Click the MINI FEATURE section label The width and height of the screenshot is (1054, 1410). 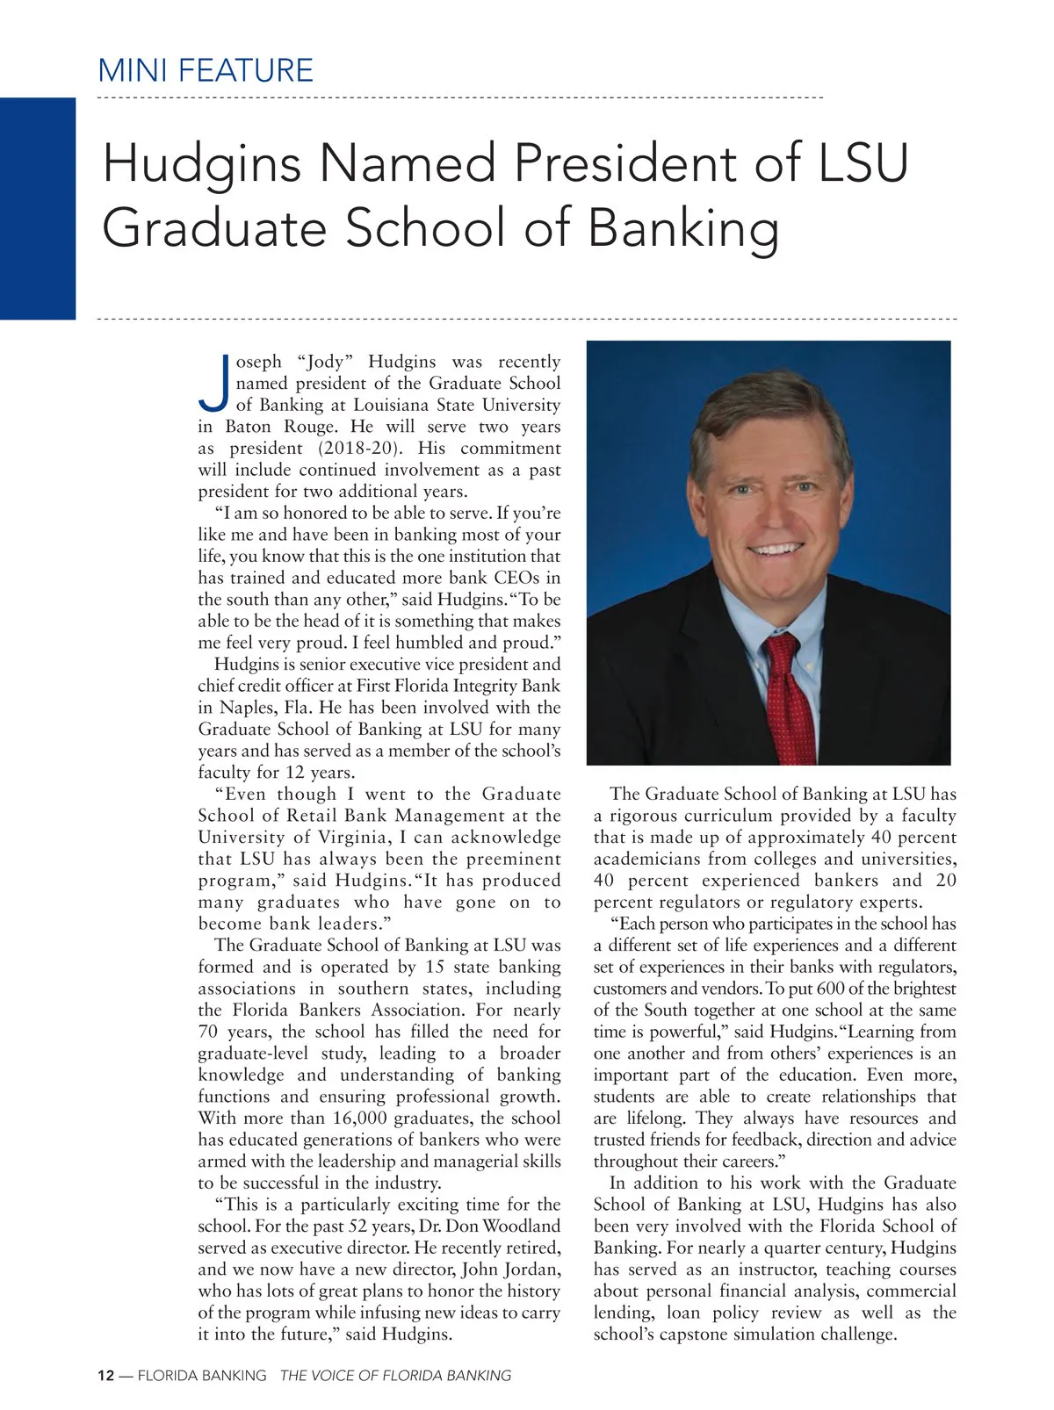(x=206, y=70)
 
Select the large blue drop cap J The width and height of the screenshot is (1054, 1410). (x=213, y=385)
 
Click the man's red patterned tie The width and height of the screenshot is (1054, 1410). (x=787, y=694)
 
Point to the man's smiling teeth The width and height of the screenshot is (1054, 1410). (x=776, y=549)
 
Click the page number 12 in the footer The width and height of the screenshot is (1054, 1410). (x=105, y=1376)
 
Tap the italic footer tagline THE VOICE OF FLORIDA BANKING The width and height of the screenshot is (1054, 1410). (x=394, y=1376)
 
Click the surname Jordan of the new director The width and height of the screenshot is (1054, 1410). (x=529, y=1270)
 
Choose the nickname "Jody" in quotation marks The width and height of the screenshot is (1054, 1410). (x=326, y=362)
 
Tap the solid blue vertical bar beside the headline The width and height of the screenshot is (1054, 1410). (x=38, y=208)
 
